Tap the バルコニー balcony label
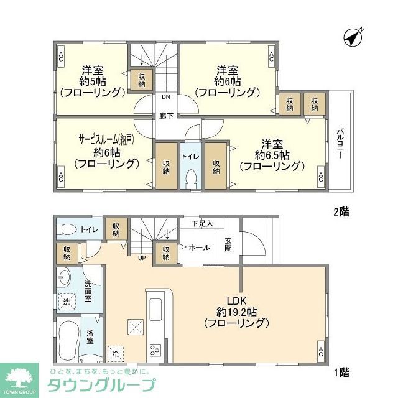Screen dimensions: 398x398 [x=341, y=145]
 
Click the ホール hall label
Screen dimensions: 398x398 [x=199, y=248]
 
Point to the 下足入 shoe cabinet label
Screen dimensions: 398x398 [x=201, y=223]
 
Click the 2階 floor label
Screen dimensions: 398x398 [x=341, y=211]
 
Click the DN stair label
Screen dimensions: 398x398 [x=166, y=98]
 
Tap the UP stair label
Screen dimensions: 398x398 [x=142, y=257]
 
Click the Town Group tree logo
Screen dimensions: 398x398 [x=19, y=376]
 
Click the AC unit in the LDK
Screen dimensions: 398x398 [x=321, y=352]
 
